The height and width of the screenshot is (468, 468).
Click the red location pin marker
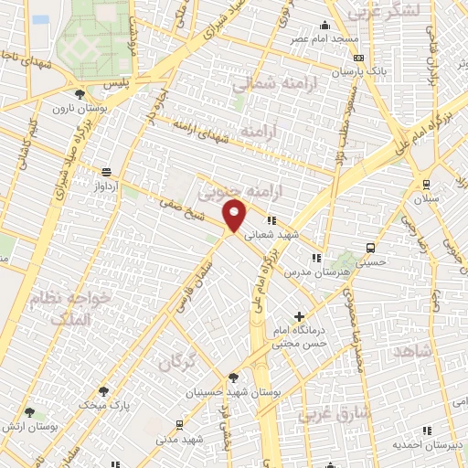coord(236,218)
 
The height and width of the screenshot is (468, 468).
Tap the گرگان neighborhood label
coord(177,362)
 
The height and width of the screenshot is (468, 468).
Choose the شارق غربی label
coord(335,412)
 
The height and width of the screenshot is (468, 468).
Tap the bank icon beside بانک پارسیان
coord(357,57)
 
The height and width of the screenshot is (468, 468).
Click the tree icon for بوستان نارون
coord(80,93)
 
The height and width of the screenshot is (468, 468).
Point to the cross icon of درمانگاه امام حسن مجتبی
coord(299,316)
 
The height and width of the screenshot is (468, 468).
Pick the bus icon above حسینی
coord(369,247)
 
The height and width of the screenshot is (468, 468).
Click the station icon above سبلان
coord(425,183)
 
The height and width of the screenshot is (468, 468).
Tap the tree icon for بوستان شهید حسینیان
coord(234,377)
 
